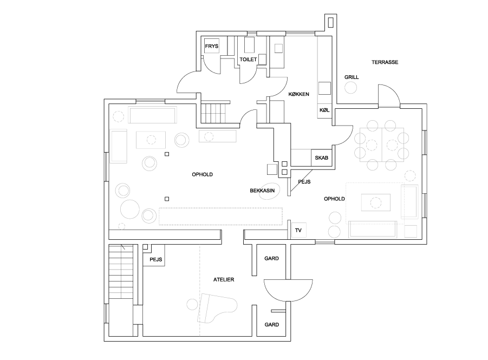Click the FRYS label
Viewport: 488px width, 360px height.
pos(212,46)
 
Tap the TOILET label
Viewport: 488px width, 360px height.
pos(248,59)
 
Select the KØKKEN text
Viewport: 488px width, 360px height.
pos(298,94)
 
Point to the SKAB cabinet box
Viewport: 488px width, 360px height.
pos(322,158)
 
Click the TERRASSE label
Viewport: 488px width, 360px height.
pos(385,62)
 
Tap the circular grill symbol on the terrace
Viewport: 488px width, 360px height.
pos(351,87)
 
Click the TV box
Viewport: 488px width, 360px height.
pos(298,231)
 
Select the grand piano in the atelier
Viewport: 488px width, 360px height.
pos(217,307)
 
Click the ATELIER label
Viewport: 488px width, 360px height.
pos(224,280)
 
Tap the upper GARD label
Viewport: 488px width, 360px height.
pos(271,258)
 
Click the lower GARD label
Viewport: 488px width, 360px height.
pos(272,324)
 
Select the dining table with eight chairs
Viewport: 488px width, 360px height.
pos(382,145)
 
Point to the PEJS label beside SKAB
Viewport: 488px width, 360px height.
pos(304,182)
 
